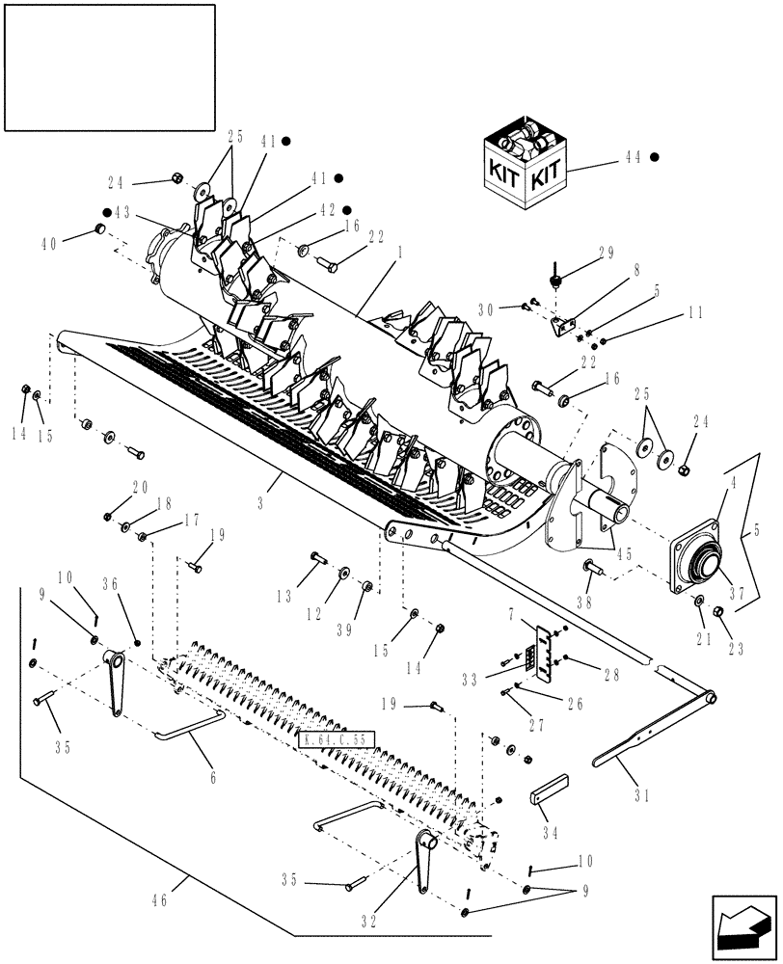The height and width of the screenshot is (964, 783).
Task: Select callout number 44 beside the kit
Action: click(631, 157)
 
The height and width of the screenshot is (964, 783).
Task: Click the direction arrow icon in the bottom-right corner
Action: click(742, 927)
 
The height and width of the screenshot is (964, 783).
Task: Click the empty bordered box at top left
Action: click(109, 67)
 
